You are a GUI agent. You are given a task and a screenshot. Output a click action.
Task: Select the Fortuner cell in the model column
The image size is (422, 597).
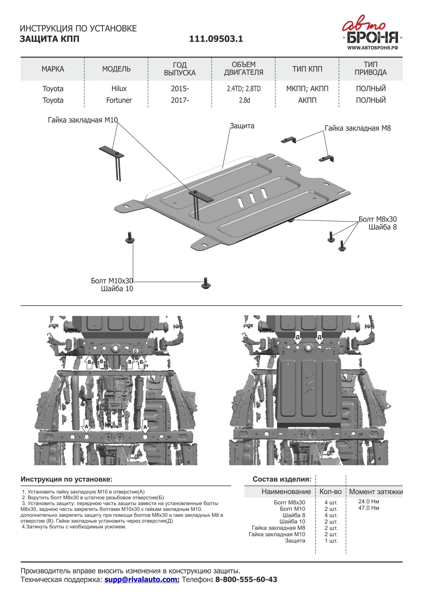(x=119, y=100)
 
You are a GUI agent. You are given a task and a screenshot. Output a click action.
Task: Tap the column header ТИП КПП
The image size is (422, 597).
(x=307, y=69)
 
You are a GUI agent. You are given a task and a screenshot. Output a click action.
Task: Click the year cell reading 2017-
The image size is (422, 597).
(x=180, y=100)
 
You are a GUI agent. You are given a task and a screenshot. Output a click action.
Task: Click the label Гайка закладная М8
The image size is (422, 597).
(x=357, y=128)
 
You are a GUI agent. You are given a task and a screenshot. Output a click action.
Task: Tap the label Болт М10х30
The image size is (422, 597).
(x=112, y=281)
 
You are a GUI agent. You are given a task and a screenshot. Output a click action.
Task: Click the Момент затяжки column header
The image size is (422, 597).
(x=376, y=492)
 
